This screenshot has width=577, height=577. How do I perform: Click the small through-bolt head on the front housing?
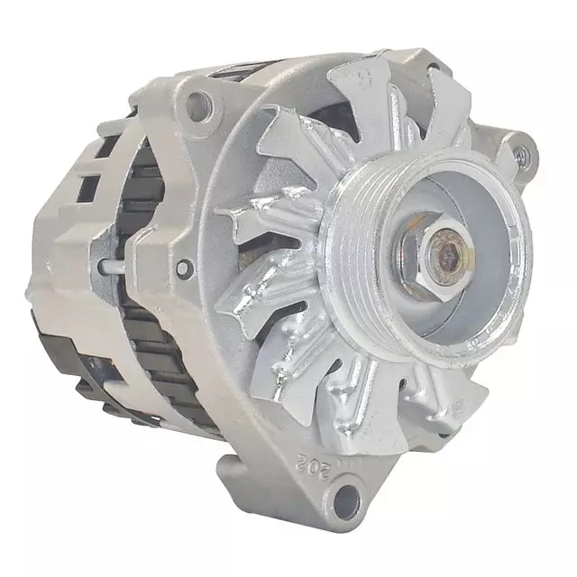click(x=186, y=267)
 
